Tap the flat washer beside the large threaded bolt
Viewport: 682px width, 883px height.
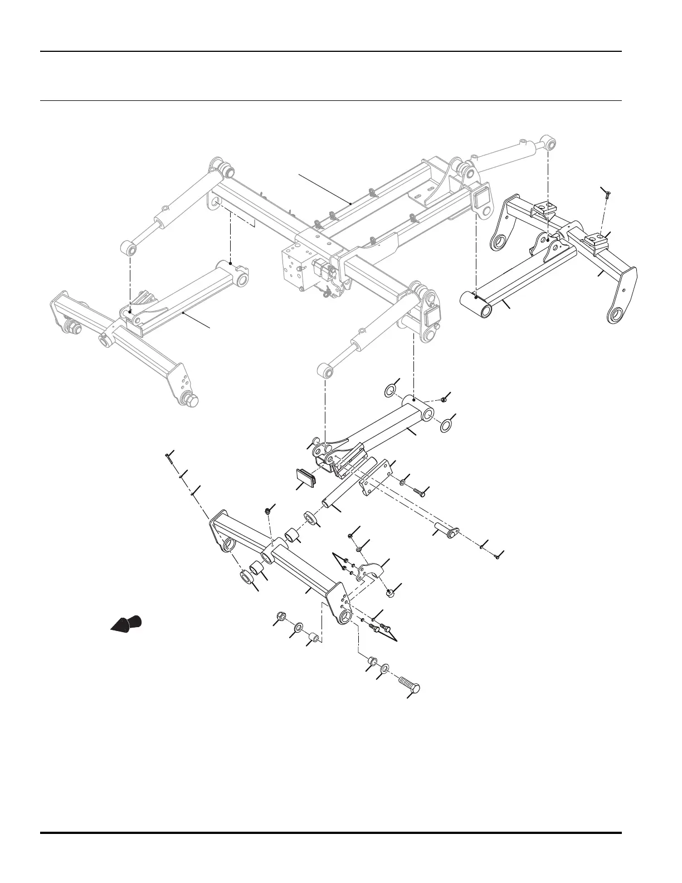pyautogui.click(x=386, y=668)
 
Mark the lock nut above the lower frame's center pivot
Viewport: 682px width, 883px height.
pyautogui.click(x=269, y=510)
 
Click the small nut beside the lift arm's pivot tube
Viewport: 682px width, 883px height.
pyautogui.click(x=444, y=400)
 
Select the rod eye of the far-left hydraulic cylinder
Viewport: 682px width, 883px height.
pyautogui.click(x=130, y=248)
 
